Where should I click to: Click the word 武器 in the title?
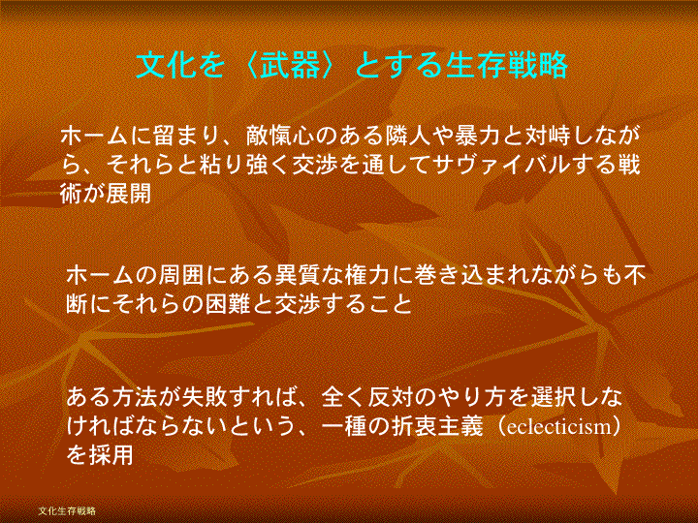point(290,65)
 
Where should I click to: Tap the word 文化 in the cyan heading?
point(166,65)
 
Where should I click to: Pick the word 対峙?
point(547,137)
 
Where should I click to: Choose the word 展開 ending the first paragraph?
point(129,194)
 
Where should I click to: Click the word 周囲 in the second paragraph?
point(181,276)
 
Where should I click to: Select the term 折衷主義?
point(437,427)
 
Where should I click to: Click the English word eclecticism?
point(560,427)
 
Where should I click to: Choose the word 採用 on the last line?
point(111,456)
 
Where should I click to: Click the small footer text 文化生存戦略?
point(67,510)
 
